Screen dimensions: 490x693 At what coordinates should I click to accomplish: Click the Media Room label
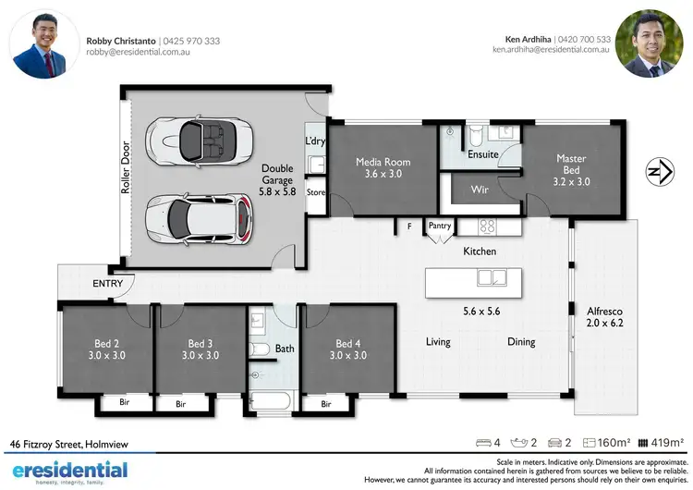(x=383, y=168)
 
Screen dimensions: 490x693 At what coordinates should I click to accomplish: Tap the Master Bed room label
(x=571, y=170)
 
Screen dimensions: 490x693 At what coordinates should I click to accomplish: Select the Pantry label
(x=439, y=225)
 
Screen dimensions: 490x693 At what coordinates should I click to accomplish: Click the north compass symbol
(x=657, y=172)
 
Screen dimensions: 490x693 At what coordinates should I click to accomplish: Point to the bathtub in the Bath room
(x=271, y=401)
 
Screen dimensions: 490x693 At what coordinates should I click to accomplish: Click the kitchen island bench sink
(x=485, y=277)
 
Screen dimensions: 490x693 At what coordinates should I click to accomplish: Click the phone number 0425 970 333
(x=192, y=41)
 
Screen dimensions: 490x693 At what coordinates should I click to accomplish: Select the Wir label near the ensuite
(x=480, y=190)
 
